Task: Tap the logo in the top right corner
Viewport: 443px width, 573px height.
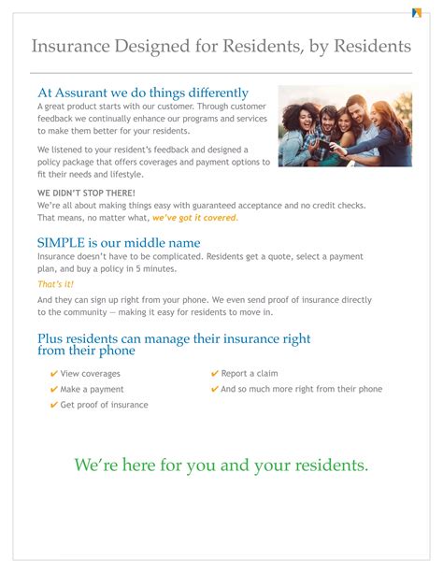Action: point(416,13)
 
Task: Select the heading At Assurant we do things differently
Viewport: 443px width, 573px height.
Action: point(143,93)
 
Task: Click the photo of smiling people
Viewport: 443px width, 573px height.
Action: point(345,126)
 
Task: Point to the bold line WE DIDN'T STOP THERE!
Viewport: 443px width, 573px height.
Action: point(86,192)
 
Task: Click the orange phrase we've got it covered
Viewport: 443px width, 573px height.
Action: point(194,217)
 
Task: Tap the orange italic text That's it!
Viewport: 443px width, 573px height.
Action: point(55,284)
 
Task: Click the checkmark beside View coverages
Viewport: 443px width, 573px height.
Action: point(54,374)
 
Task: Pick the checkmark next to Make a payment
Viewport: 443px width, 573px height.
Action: point(54,389)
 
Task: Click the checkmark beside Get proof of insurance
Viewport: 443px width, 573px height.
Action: point(54,405)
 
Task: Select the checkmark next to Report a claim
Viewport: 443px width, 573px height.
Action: point(215,374)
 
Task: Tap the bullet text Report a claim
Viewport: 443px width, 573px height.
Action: point(250,374)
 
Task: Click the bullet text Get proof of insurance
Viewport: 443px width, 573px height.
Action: point(104,405)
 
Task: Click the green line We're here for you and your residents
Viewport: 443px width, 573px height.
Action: point(221,465)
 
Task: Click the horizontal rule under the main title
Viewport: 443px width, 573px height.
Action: point(221,73)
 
